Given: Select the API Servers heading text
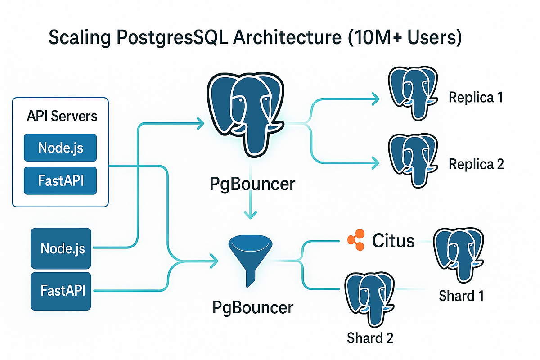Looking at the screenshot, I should [x=62, y=116].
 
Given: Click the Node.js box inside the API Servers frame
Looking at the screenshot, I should [x=60, y=147].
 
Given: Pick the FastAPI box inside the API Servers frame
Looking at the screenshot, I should [x=60, y=181].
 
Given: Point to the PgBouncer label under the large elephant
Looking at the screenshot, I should [x=252, y=184].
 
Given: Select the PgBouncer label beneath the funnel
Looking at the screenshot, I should [x=252, y=308].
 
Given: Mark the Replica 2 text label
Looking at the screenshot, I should [x=476, y=164].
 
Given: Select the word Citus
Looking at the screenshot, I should [x=393, y=241].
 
